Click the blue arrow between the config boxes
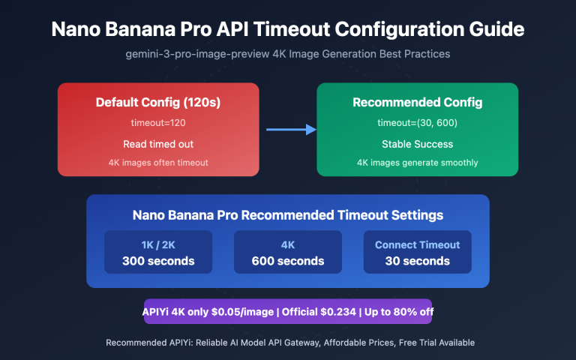point(291,130)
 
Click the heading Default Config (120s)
point(158,102)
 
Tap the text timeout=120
point(158,121)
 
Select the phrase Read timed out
point(158,142)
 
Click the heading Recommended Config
point(417,102)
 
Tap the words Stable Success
point(417,142)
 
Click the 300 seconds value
point(158,261)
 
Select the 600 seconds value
point(288,261)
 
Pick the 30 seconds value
point(417,261)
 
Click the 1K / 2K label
point(158,244)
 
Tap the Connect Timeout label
point(417,244)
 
